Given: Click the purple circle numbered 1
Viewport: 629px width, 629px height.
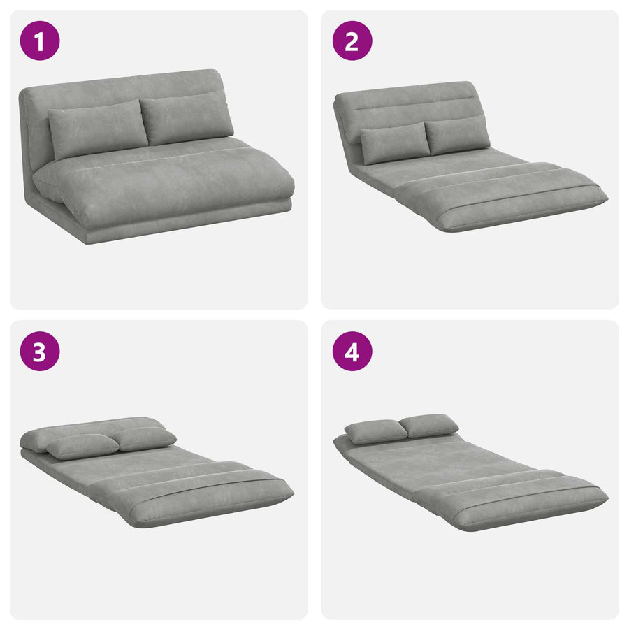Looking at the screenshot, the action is pos(40,41).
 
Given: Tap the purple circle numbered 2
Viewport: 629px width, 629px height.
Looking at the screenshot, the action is pos(352,41).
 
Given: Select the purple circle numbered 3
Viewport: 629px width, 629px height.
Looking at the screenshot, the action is pos(40,351).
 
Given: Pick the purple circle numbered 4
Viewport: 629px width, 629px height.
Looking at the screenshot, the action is pos(352,351).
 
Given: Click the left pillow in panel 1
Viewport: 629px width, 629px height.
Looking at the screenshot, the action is pos(97,129).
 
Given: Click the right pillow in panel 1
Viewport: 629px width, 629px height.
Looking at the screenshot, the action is pos(187,118).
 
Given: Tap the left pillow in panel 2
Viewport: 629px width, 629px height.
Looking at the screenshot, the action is pos(395,143).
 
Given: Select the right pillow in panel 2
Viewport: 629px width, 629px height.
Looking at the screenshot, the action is pos(456,134).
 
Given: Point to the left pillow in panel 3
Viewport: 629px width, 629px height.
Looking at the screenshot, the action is pos(83,446).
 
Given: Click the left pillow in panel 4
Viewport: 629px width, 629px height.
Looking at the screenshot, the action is pos(376,431).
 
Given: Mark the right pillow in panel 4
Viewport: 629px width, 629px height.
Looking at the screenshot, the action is pos(429,425).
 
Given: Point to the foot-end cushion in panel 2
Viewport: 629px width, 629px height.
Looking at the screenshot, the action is pos(501,196).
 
